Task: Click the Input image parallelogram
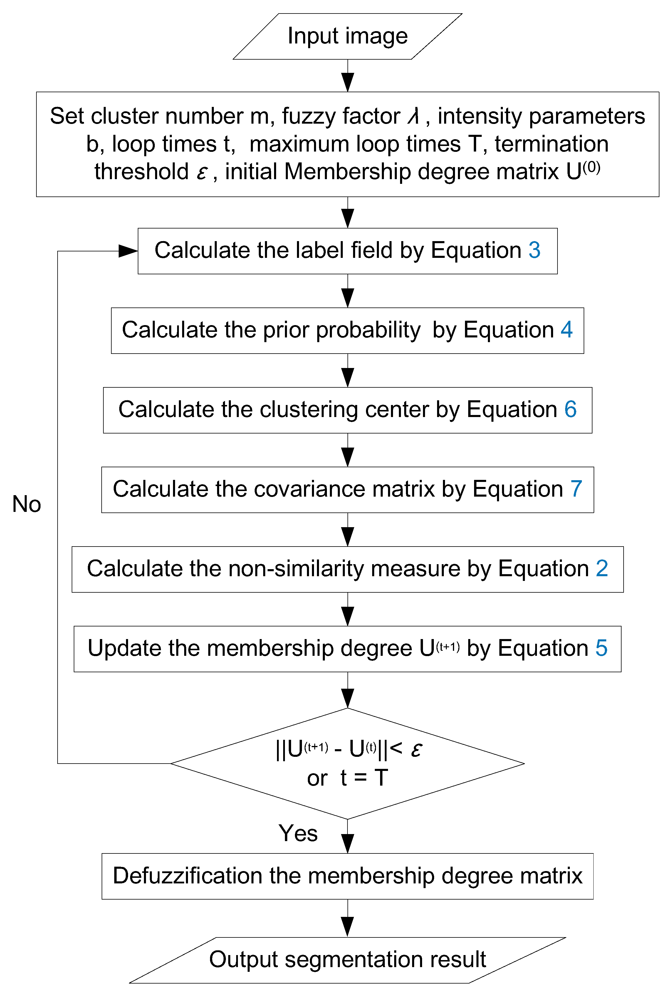pos(347,36)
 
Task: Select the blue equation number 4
pos(567,330)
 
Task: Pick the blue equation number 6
pos(570,409)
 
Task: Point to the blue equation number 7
pos(576,489)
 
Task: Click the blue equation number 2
pos(602,569)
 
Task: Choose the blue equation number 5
pos(601,648)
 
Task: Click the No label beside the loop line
pos(26,504)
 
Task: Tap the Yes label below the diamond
pos(298,833)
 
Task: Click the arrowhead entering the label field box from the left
pos(128,251)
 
